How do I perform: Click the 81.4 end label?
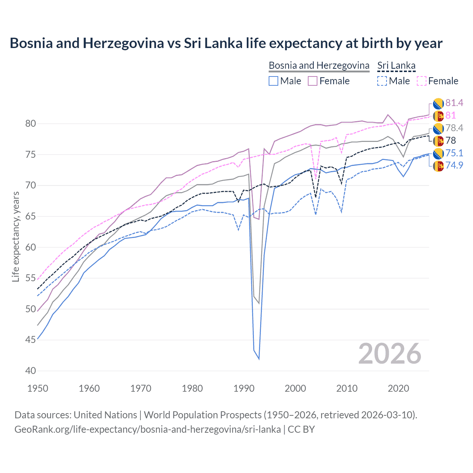tap(454, 103)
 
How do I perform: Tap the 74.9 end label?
tap(454, 165)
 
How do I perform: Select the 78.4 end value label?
tap(454, 128)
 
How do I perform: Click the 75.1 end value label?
tap(454, 153)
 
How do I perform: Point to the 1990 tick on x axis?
tap(244, 388)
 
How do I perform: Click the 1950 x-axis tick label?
tap(38, 388)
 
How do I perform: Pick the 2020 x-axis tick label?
tap(398, 388)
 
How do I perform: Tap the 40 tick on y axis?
tap(31, 371)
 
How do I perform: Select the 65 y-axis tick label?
tap(31, 216)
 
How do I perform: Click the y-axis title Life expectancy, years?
tap(16, 236)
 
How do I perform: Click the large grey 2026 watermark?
tap(390, 354)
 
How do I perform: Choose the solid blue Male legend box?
tap(273, 81)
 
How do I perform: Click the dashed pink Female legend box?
tap(422, 81)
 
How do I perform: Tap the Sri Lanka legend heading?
tap(396, 65)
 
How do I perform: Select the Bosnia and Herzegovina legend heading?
tap(319, 65)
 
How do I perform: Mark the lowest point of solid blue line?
tap(259, 359)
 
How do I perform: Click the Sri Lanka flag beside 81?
tap(438, 116)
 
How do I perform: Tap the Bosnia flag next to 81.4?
tap(438, 103)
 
